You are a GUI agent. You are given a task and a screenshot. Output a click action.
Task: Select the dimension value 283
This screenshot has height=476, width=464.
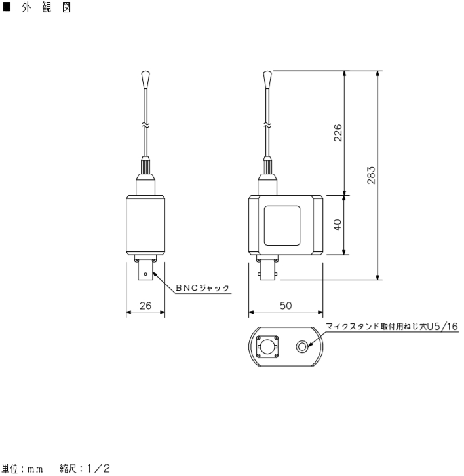point(372,175)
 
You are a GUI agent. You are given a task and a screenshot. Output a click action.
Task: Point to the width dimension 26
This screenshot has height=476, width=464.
point(145,305)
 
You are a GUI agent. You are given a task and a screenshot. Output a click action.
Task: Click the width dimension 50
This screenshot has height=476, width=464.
point(285,305)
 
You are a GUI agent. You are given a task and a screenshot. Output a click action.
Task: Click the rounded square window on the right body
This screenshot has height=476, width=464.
point(282,225)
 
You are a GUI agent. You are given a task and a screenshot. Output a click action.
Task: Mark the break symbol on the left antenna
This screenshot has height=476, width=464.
point(145,123)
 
